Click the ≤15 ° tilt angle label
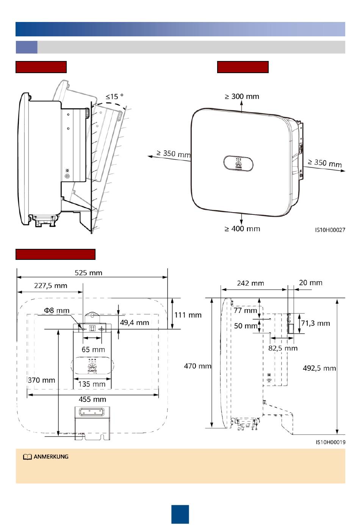(114, 97)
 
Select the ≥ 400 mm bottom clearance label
(242, 229)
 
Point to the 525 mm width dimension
(88, 273)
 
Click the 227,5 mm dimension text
(50, 286)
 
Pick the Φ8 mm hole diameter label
(57, 311)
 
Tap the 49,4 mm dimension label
(135, 323)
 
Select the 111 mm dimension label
(188, 315)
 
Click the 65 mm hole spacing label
(93, 349)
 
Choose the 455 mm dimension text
(92, 399)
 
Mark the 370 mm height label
(41, 380)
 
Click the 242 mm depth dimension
(250, 283)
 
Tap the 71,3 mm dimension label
(316, 323)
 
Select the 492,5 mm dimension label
(319, 368)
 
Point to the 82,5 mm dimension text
(283, 348)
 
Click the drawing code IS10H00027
(330, 230)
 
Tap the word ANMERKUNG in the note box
(51, 457)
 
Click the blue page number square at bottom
(180, 514)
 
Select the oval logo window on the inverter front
(238, 163)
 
